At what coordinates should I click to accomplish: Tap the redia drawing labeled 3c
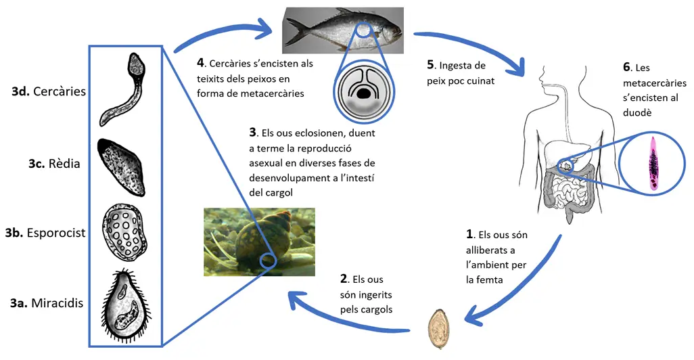click(x=121, y=167)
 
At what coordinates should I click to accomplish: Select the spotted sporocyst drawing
click(x=124, y=233)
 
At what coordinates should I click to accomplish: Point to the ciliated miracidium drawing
click(x=126, y=306)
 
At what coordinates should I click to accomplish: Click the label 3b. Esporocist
click(x=45, y=233)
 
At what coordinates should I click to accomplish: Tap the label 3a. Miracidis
click(x=47, y=303)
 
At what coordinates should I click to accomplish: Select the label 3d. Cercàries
click(x=49, y=91)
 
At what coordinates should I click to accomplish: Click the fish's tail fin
click(x=296, y=30)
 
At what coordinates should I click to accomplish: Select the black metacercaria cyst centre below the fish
click(x=364, y=93)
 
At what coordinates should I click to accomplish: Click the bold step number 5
click(x=431, y=65)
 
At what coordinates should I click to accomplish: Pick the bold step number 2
click(x=344, y=279)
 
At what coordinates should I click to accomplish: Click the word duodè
click(x=637, y=112)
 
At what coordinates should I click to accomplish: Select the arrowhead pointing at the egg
click(x=473, y=315)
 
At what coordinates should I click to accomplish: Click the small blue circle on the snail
click(x=269, y=261)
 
